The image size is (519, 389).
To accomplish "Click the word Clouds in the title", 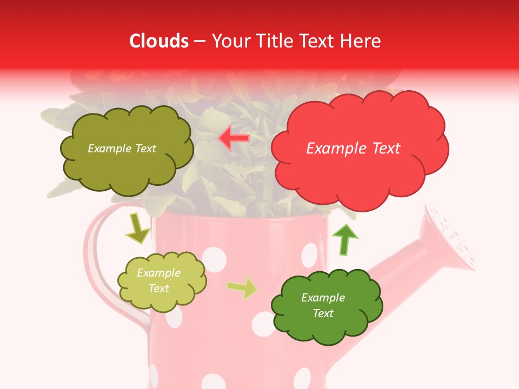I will tap(159, 41).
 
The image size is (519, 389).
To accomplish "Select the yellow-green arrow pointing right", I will tap(242, 287).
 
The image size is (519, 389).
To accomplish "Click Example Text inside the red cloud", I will tap(353, 149).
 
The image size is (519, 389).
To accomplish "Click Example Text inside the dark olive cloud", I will tap(122, 149).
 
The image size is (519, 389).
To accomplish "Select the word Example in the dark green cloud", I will tap(323, 298).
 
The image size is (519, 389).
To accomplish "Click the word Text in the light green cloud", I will tap(159, 289).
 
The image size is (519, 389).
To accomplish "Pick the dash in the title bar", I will tap(199, 41).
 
